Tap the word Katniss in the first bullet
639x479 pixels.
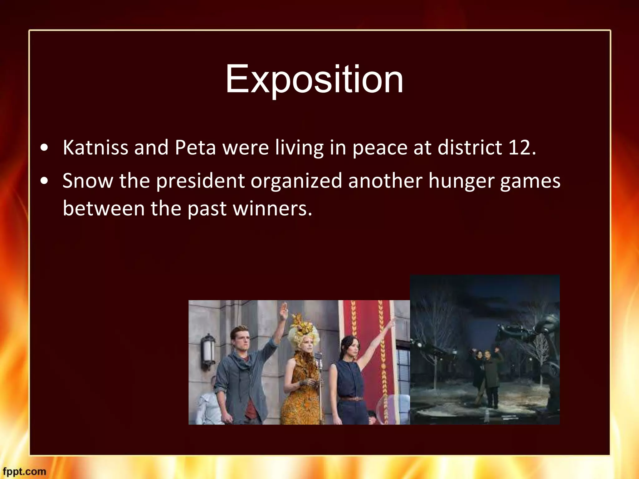tap(95, 147)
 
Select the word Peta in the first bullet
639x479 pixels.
tap(195, 147)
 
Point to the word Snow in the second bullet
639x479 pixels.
tap(88, 181)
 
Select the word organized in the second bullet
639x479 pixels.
tap(296, 181)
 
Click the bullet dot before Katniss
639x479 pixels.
tap(45, 148)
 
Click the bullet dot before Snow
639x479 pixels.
tap(45, 181)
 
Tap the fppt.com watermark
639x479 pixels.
tap(24, 471)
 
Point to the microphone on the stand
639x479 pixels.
tap(319, 356)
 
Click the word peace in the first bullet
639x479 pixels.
tap(380, 148)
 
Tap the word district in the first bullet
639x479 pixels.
tap(470, 147)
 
